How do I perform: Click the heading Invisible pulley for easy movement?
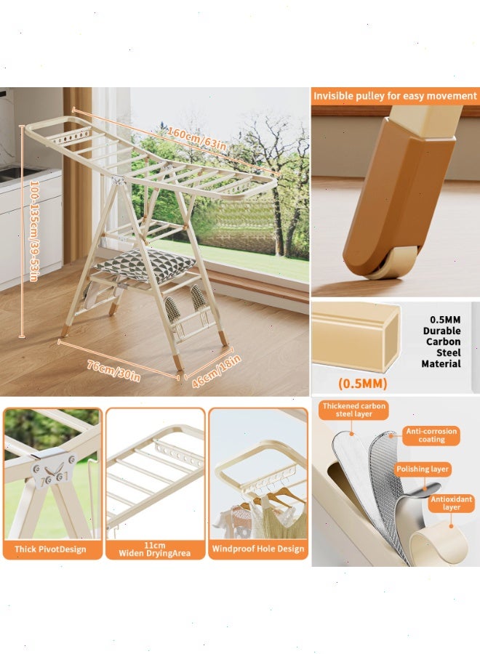(395, 96)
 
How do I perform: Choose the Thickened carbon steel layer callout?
(354, 410)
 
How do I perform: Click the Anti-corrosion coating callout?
(431, 435)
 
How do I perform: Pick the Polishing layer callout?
(423, 469)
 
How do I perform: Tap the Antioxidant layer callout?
(450, 503)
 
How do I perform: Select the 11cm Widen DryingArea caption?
(154, 549)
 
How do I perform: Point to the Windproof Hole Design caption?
(257, 549)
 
